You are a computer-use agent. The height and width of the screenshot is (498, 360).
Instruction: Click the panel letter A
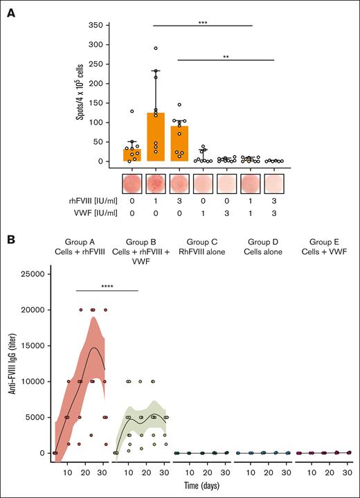pyautogui.click(x=12, y=10)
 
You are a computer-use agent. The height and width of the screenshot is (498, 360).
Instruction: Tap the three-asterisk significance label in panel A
pyautogui.click(x=202, y=22)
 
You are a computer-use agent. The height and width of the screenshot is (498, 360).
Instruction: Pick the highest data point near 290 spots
pyautogui.click(x=156, y=48)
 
